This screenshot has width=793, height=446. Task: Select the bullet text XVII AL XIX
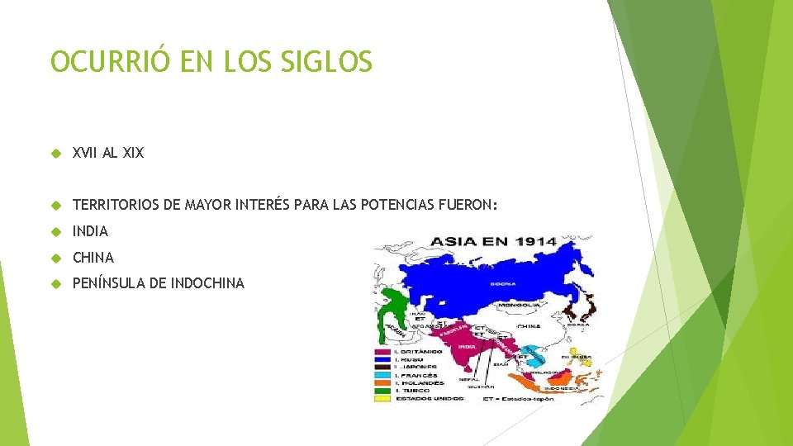(x=108, y=152)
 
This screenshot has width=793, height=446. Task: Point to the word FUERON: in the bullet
(x=468, y=205)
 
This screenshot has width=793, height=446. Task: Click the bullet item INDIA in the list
(x=90, y=231)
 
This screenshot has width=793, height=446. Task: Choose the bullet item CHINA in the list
(x=93, y=257)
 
